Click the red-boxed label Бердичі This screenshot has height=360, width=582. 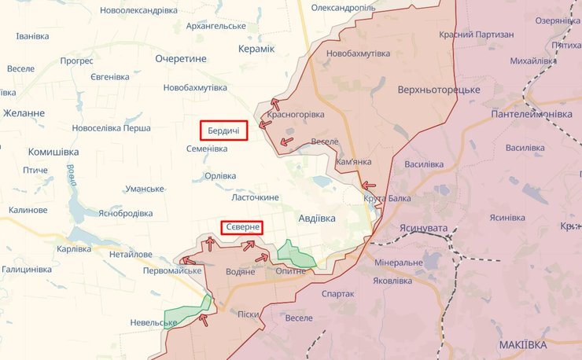(x=224, y=130)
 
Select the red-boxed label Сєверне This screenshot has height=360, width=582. (x=241, y=227)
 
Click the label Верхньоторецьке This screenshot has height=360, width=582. (x=439, y=90)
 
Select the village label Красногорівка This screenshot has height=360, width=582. (x=296, y=115)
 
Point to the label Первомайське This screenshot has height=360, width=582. (x=172, y=271)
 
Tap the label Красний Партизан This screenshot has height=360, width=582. (x=477, y=35)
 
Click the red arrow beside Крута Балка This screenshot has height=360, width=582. (x=368, y=186)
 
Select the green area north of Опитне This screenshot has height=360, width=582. (x=294, y=253)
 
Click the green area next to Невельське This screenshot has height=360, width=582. (x=189, y=313)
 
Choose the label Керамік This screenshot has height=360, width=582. (x=256, y=49)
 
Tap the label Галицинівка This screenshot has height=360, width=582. (x=26, y=270)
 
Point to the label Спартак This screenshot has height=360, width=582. (x=337, y=293)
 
